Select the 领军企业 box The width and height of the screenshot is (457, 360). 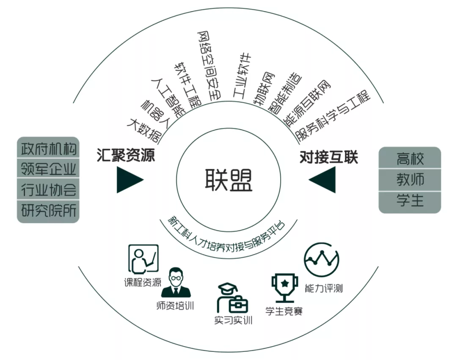tap(49, 169)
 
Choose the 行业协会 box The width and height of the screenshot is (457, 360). tap(49, 190)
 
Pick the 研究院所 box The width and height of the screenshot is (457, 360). tap(49, 210)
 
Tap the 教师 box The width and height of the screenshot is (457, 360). tap(410, 180)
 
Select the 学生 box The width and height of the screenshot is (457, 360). tap(410, 201)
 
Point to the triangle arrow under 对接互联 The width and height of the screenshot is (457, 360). tap(324, 180)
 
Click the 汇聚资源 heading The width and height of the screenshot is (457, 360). tap(125, 156)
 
